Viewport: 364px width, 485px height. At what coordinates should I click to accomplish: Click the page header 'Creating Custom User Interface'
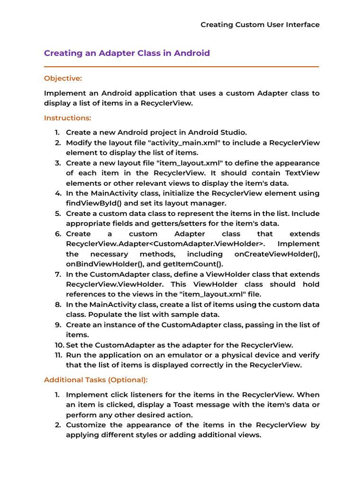pos(260,25)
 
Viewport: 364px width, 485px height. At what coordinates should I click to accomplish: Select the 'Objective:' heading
pos(63,78)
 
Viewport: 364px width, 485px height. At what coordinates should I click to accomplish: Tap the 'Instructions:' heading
pos(68,117)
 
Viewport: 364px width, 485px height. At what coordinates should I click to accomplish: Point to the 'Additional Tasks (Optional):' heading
pos(96,379)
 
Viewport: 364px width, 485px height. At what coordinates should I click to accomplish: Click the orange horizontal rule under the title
pos(182,67)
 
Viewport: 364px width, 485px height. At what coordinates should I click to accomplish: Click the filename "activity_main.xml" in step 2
pos(171,143)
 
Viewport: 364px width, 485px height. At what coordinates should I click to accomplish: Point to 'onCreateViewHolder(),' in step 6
pos(277,254)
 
